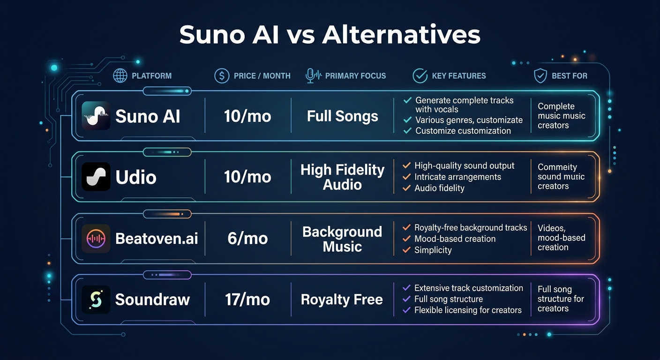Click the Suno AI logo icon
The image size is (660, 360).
click(96, 116)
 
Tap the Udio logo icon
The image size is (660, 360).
click(96, 177)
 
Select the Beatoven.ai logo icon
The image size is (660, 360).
click(96, 239)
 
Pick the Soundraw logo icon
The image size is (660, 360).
click(96, 300)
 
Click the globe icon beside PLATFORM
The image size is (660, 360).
click(120, 75)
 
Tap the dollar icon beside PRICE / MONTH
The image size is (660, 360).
click(221, 75)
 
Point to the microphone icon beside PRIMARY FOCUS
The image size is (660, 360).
click(310, 75)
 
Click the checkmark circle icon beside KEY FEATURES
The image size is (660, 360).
click(420, 75)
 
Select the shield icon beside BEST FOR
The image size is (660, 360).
click(540, 75)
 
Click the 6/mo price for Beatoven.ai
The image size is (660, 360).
click(247, 239)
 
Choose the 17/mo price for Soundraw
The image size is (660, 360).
click(247, 300)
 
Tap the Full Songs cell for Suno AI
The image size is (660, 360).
click(342, 116)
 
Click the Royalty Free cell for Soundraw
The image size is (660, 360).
click(342, 300)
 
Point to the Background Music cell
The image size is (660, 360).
click(342, 239)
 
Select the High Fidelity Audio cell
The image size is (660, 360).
click(342, 177)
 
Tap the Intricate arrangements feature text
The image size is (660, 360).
click(457, 177)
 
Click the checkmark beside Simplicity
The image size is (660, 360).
click(406, 250)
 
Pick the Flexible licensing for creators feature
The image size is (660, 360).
click(468, 310)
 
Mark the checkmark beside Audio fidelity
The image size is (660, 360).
click(406, 188)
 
